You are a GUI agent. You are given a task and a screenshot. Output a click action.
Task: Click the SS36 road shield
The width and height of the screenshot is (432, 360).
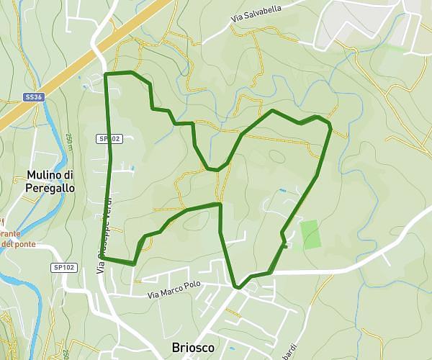[x=32, y=96]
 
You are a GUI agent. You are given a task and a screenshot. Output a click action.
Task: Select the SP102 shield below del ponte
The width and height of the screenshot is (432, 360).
[x=64, y=268]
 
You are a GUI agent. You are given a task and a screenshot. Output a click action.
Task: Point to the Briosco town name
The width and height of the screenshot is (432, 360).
[x=193, y=348]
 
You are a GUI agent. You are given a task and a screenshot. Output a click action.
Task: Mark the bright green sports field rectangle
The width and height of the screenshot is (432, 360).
[x=311, y=235]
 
